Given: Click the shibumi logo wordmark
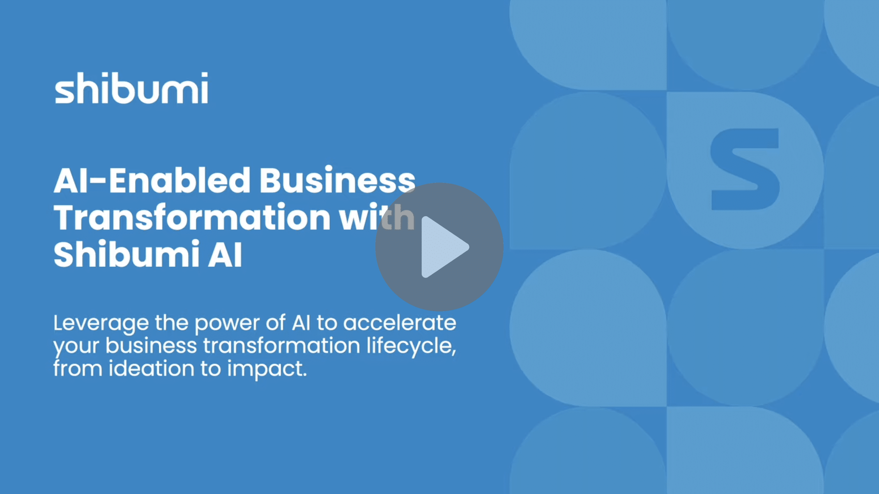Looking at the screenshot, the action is click(x=131, y=88).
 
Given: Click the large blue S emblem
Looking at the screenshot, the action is click(x=745, y=169).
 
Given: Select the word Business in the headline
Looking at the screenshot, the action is click(x=337, y=180).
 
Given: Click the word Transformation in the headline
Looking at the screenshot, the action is click(x=192, y=217).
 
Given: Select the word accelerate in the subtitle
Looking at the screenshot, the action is click(x=400, y=323).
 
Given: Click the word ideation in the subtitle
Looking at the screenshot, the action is click(x=152, y=368).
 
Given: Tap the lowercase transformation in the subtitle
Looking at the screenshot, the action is click(x=282, y=346).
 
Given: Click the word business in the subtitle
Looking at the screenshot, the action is click(x=151, y=346).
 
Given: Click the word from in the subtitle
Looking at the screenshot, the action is click(x=78, y=368).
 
